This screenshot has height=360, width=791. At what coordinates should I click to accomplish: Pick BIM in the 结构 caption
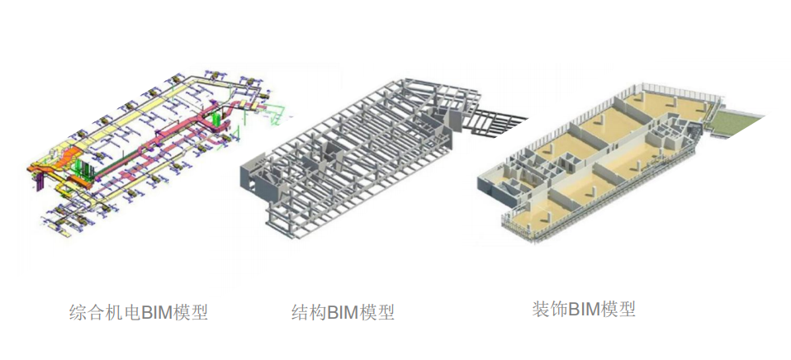pyautogui.click(x=343, y=313)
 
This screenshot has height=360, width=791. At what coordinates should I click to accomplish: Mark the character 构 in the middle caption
pyautogui.click(x=317, y=313)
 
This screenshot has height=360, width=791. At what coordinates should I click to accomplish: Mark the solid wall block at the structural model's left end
pyautogui.click(x=251, y=175)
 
